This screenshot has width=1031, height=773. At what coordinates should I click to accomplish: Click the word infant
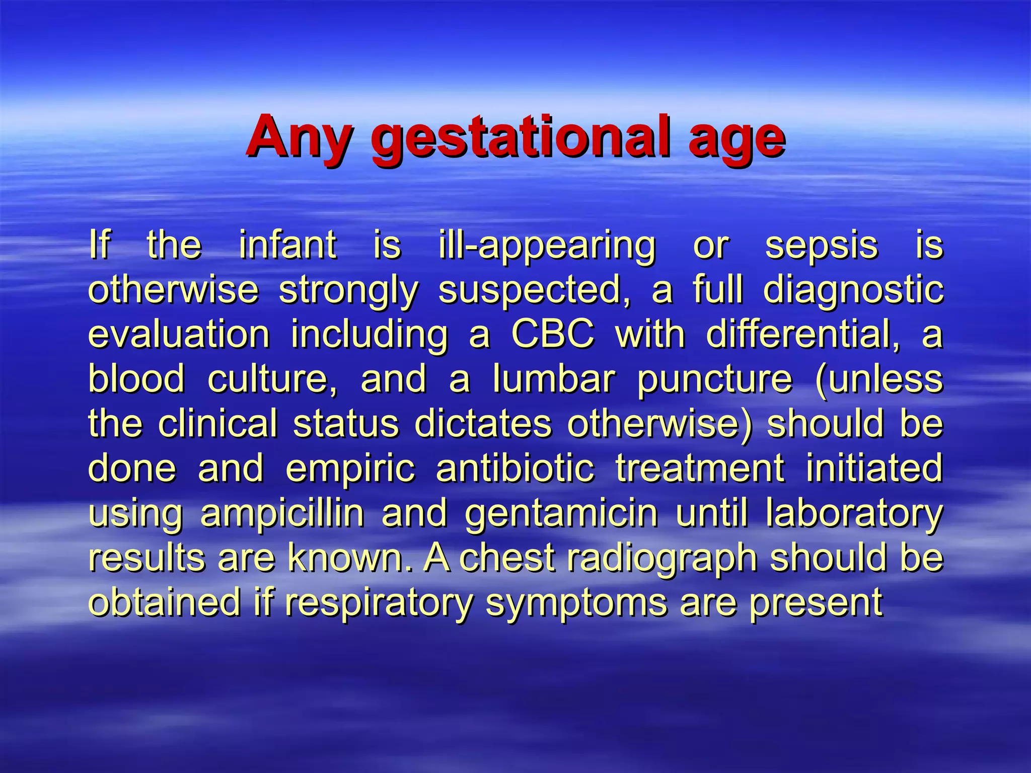click(x=287, y=245)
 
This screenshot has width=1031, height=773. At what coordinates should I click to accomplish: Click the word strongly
click(x=348, y=291)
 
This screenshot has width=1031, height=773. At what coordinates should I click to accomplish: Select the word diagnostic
click(x=853, y=291)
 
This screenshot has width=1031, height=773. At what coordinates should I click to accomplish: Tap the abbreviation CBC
click(x=552, y=334)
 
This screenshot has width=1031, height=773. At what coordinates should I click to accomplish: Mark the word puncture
click(x=714, y=380)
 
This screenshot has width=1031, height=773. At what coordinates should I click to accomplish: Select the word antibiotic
click(x=515, y=468)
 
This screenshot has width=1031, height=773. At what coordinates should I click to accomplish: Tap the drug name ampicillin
click(x=282, y=514)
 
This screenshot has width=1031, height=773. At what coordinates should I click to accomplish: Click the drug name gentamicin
click(x=561, y=514)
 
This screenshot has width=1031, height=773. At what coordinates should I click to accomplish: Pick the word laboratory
click(x=854, y=514)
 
